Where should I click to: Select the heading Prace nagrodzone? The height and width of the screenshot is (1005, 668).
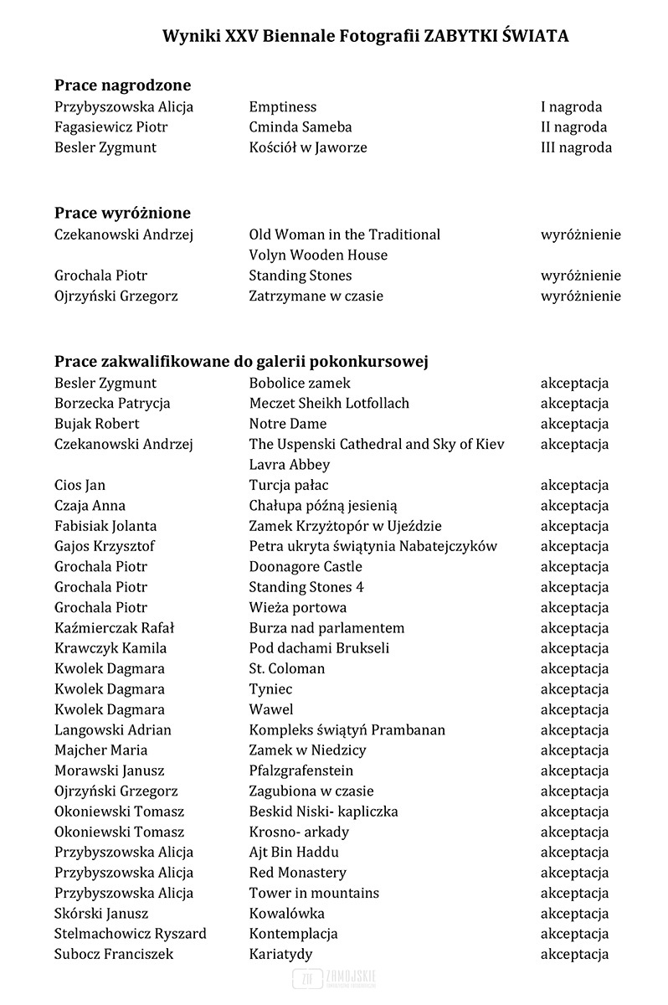(122, 85)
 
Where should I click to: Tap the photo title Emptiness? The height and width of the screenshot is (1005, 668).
(282, 106)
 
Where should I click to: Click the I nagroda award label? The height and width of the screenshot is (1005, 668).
(571, 106)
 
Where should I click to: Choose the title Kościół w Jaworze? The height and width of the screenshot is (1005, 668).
(307, 147)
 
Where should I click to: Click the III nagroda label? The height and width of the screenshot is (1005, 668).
(576, 147)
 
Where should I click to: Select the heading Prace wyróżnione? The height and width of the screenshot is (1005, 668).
(122, 213)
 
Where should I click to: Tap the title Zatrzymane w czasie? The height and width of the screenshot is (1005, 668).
(316, 296)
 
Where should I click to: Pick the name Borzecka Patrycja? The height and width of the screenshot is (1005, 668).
(112, 403)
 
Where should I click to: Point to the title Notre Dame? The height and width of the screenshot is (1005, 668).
(287, 424)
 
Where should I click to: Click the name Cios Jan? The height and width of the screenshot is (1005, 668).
(80, 485)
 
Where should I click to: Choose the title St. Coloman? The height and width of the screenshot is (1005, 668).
(286, 668)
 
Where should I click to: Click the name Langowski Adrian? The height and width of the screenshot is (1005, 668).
(112, 729)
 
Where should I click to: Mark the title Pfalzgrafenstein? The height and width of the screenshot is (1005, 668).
(301, 770)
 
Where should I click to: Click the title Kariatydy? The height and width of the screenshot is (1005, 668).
(280, 954)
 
